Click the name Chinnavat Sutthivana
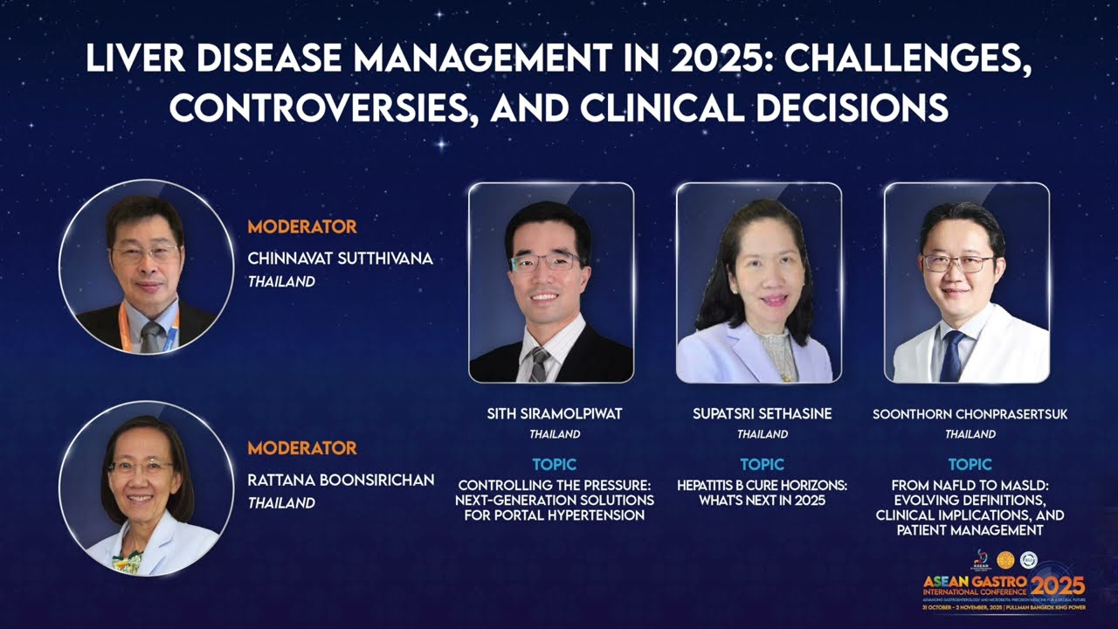tap(340, 259)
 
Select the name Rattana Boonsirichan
tap(341, 480)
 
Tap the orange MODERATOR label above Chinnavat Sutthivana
tap(302, 227)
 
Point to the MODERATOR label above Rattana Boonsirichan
tap(302, 448)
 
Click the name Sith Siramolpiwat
tap(555, 414)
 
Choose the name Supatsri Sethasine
tap(762, 414)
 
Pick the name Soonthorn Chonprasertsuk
tap(970, 414)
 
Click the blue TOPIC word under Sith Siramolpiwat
tap(555, 465)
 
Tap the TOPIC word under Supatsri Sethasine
tap(762, 465)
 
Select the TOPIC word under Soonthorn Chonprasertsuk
tap(970, 465)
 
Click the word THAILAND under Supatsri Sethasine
tap(762, 434)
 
